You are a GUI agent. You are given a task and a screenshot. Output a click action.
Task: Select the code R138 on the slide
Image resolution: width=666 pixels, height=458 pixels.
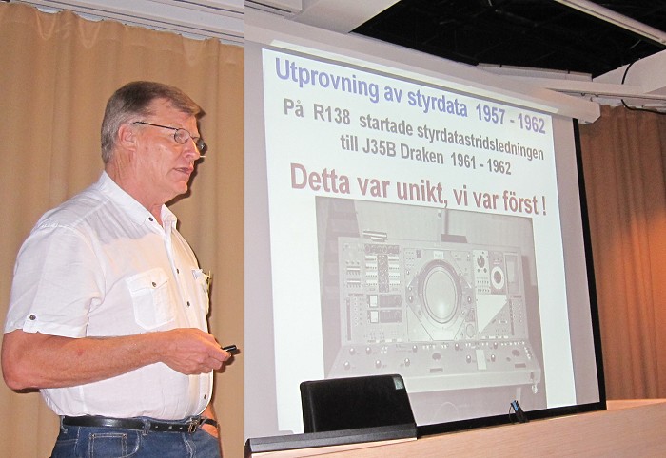(x=332, y=114)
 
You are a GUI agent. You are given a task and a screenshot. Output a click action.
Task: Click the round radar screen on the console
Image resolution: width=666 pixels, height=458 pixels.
(x=441, y=293)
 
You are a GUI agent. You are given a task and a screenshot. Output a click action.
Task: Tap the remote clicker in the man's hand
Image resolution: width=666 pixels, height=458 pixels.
(x=230, y=349)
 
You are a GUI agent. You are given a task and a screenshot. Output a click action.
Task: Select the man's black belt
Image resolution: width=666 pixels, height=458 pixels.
(x=136, y=424)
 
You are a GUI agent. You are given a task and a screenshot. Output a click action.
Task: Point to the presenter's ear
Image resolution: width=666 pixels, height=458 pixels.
(x=127, y=140)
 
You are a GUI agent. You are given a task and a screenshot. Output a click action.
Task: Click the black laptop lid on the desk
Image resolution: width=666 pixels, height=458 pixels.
(x=357, y=403)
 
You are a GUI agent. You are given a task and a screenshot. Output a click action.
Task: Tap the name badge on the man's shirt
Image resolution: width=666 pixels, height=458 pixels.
(x=199, y=276)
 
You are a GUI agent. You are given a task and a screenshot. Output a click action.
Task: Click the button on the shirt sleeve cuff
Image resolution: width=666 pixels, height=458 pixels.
(x=31, y=317)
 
